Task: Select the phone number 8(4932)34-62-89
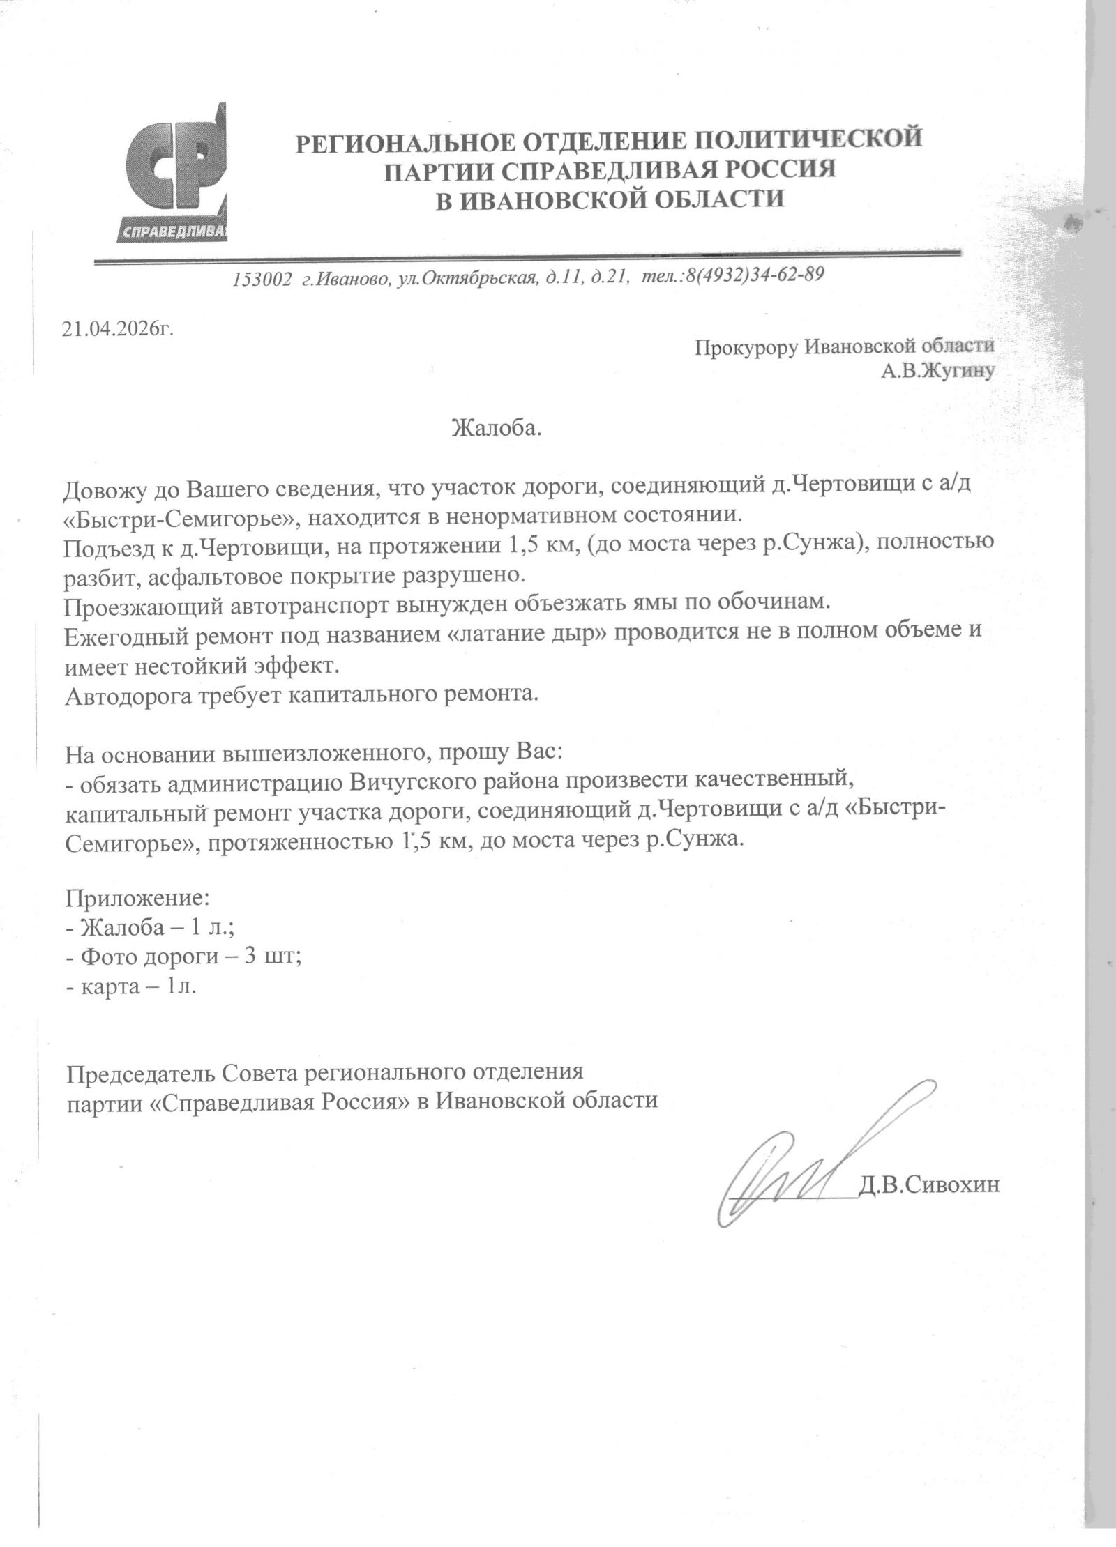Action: click(x=757, y=275)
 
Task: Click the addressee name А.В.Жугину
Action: click(x=938, y=372)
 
